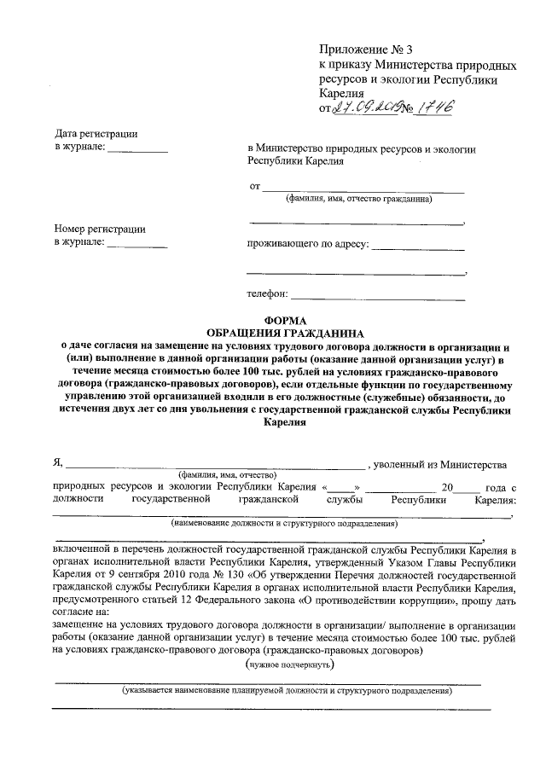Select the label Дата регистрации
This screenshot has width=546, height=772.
tap(96, 134)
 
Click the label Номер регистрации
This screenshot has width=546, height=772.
tap(99, 229)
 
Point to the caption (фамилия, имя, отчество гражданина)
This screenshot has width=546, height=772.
tap(358, 200)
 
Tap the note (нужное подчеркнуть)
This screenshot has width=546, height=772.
tap(289, 663)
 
